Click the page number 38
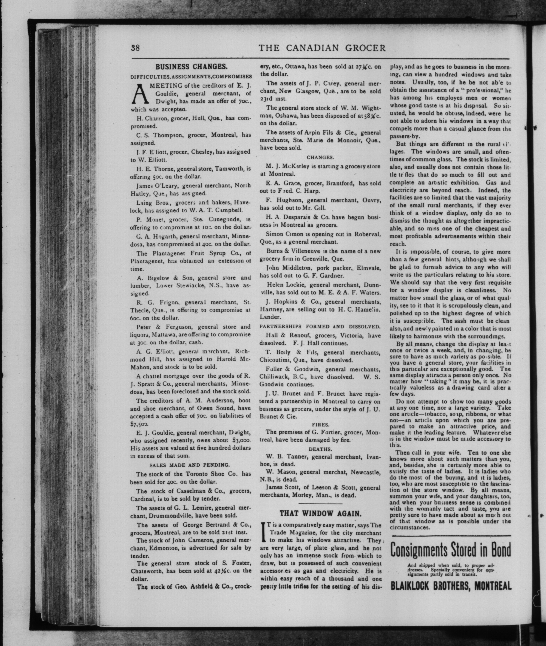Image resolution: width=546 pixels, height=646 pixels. (x=136, y=48)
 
